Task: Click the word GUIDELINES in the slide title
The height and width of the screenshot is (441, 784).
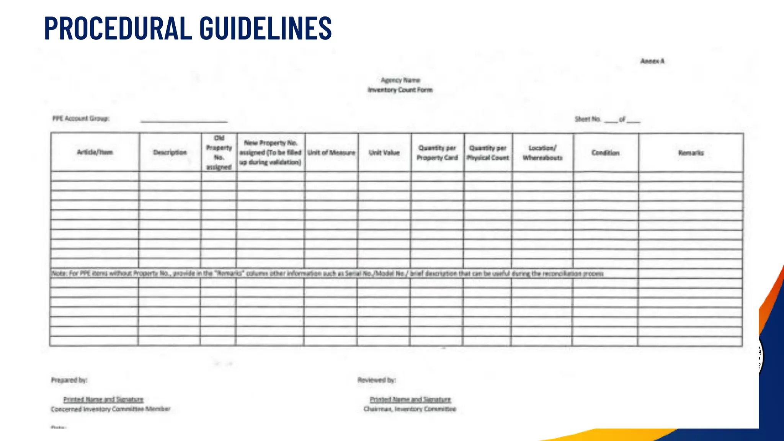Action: pos(266,28)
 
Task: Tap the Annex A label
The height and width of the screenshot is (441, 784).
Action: pos(652,61)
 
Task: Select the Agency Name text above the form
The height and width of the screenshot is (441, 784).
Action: pos(400,80)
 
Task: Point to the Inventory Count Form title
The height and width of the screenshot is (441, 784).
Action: pos(400,90)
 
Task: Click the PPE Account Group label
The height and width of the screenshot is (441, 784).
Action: pos(81,119)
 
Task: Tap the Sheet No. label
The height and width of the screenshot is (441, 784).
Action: pos(588,119)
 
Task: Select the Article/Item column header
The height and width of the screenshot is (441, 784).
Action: pos(95,152)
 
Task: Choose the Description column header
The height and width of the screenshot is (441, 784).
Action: pos(170,152)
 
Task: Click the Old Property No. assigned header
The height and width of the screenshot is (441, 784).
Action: pos(219,152)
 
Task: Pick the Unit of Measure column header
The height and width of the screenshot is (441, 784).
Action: pos(332,153)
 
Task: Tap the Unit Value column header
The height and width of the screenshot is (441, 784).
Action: pos(384,153)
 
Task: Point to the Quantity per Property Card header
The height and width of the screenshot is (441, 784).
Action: pos(437,153)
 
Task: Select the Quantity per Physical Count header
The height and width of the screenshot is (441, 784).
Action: pos(488,153)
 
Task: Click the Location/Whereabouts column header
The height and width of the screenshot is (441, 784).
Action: pos(542,153)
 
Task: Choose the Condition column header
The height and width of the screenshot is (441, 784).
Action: pos(605,153)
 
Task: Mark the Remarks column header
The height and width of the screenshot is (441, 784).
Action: pos(691,153)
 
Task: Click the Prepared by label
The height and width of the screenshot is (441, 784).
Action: pos(69,380)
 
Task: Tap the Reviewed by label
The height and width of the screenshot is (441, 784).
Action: pos(377,380)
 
